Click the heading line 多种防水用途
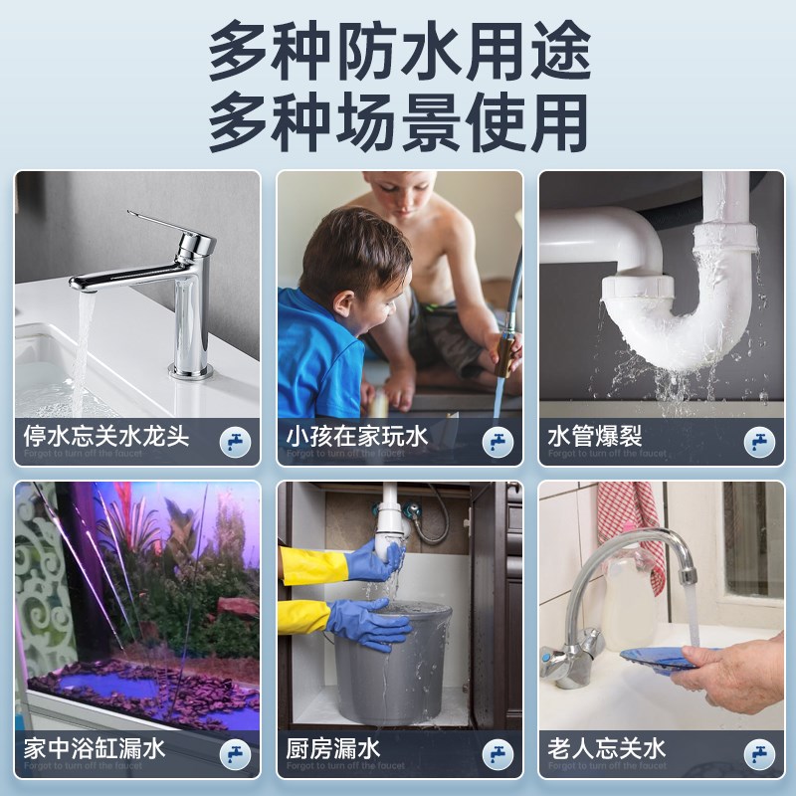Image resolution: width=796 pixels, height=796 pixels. click(x=398, y=52)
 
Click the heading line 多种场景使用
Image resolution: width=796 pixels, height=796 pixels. click(x=398, y=121)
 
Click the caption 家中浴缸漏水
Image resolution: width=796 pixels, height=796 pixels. click(x=95, y=747)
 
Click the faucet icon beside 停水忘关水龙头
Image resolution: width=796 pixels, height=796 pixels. click(x=235, y=441)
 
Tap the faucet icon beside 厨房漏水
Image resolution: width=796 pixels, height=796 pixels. click(x=497, y=752)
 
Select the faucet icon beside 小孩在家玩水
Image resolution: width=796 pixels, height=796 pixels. click(x=497, y=441)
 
